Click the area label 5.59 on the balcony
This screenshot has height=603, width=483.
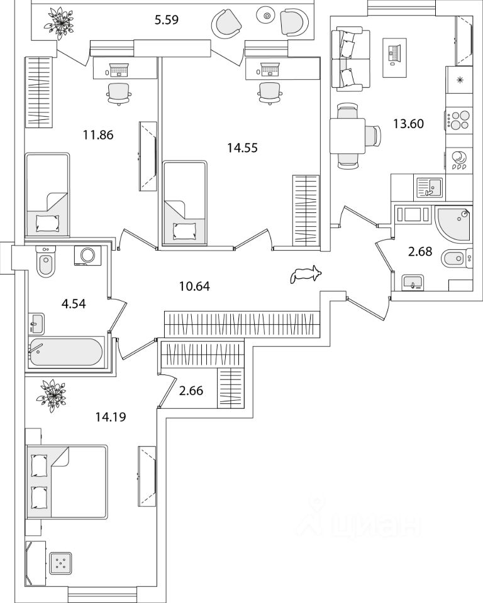click(167, 19)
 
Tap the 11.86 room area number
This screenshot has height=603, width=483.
click(97, 134)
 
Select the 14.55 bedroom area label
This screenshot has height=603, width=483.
click(242, 148)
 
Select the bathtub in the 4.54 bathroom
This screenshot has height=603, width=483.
click(65, 353)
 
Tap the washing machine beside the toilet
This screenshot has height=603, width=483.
click(87, 256)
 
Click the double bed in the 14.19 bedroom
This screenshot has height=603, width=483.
click(66, 482)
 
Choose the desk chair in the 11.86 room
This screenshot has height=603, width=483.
click(119, 92)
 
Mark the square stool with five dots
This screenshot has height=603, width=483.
click(60, 564)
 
